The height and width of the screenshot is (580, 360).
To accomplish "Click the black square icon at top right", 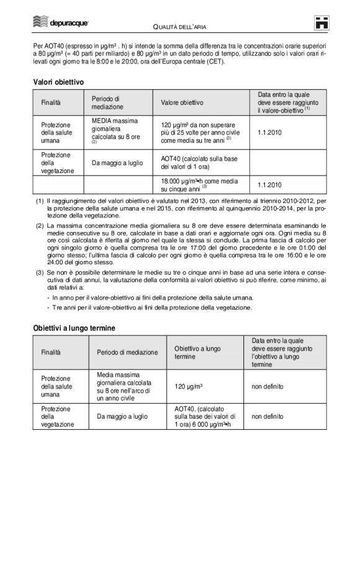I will pyautogui.click(x=320, y=22).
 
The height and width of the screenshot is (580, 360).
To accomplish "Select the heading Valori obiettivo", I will pyautogui.click(x=58, y=81).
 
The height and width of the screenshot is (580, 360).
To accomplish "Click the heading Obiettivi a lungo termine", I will pyautogui.click(x=74, y=328).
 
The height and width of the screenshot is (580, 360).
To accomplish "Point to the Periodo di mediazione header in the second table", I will pyautogui.click(x=127, y=352).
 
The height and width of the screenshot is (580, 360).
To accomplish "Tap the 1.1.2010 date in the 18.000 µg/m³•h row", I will pyautogui.click(x=269, y=185).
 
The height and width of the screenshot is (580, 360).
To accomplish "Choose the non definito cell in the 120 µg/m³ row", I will pyautogui.click(x=268, y=386).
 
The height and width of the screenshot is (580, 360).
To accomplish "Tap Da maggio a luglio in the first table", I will pyautogui.click(x=117, y=163).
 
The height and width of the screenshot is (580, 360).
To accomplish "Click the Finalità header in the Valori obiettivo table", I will pyautogui.click(x=52, y=102).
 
